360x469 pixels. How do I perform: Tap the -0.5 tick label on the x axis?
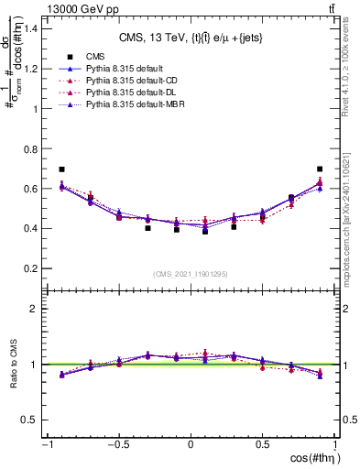pos(116,445)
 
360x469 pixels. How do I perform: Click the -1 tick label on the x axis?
pos(45,445)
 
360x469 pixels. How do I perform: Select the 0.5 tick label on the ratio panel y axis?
pos(30,420)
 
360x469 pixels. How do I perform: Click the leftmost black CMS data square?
pos(61,169)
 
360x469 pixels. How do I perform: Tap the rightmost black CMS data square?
pos(320,169)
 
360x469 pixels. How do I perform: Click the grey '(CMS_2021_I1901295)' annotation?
pos(191,274)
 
